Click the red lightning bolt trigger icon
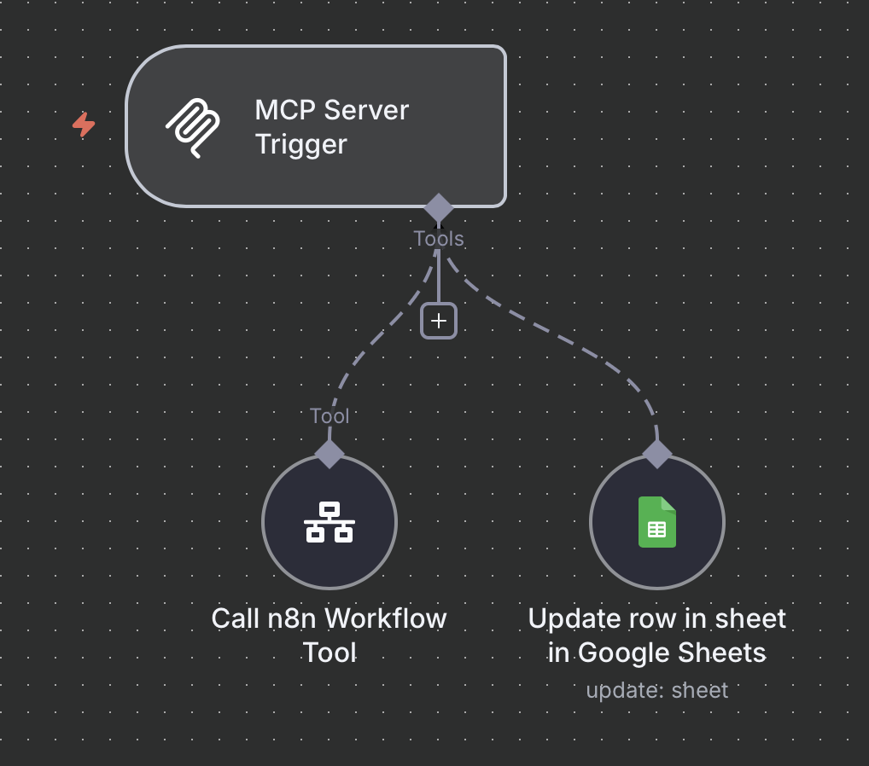coord(84,125)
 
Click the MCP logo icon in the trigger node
coord(193,126)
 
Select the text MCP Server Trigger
coord(331,126)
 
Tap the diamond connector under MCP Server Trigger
coord(439,208)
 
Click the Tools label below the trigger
coord(439,239)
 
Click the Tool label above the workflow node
coord(330,416)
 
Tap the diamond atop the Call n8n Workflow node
coord(330,453)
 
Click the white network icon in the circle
coord(330,522)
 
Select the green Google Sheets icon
coord(656,522)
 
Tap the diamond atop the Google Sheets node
coord(657,453)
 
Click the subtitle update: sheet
coord(657,690)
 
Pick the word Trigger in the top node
coord(301,144)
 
